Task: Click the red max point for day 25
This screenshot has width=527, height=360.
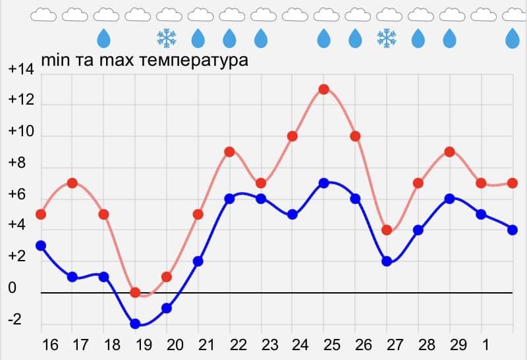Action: pos(323,90)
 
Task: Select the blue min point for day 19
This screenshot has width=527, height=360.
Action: pos(135,324)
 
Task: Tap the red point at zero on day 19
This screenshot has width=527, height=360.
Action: pos(135,292)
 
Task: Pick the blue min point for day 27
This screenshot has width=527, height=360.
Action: pos(387,261)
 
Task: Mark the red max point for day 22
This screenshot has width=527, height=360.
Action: pos(229,151)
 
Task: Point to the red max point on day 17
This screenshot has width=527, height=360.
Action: pos(72,183)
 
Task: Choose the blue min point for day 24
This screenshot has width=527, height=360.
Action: pos(292,214)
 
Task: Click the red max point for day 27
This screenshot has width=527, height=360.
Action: pos(387,230)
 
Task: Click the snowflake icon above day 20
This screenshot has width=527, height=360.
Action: pos(167,38)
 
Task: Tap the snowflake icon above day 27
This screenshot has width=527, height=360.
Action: pos(387,38)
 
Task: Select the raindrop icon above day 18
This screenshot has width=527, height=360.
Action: pos(104,38)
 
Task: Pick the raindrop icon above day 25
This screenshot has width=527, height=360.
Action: pos(323,38)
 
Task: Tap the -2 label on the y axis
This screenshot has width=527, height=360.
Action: pos(14,321)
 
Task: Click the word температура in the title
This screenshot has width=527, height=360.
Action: pos(191,61)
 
